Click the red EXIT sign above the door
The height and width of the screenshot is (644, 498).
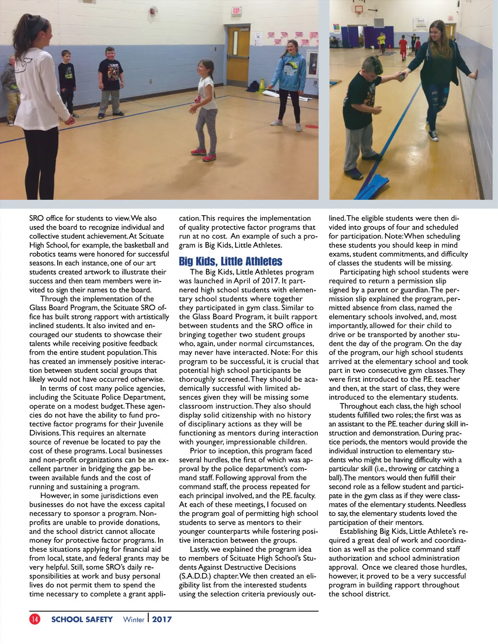click(x=237, y=11)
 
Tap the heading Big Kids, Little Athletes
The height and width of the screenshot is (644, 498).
click(x=230, y=261)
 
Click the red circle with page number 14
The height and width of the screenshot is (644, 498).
click(x=35, y=619)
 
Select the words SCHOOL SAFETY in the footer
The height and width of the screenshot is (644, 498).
click(x=82, y=620)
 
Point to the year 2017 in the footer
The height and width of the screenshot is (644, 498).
click(x=162, y=620)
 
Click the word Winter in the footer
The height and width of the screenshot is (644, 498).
click(x=134, y=620)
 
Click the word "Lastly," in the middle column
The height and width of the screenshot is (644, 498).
click(x=200, y=549)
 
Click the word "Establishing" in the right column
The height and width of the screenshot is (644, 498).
click(x=359, y=531)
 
